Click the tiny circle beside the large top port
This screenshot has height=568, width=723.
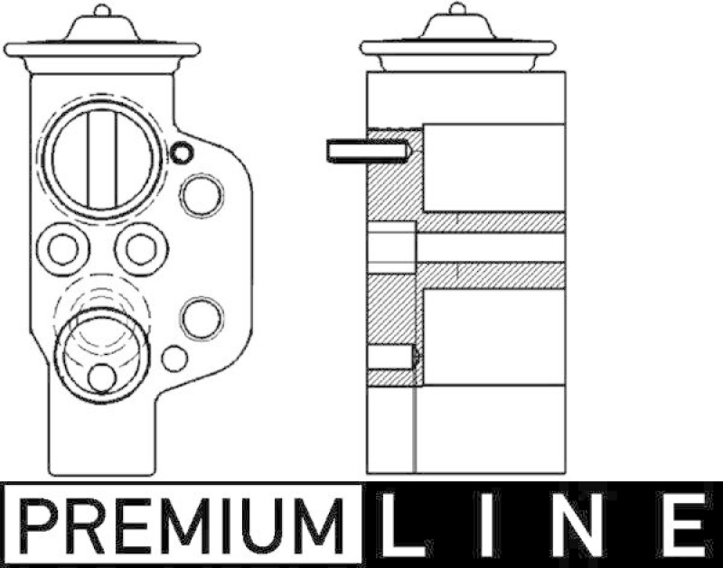(x=182, y=153)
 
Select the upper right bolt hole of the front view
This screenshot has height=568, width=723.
(x=201, y=195)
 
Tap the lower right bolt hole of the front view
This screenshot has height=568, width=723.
(x=201, y=317)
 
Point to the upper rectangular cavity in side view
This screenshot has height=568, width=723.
(x=493, y=168)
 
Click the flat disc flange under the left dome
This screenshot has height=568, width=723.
(x=101, y=49)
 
